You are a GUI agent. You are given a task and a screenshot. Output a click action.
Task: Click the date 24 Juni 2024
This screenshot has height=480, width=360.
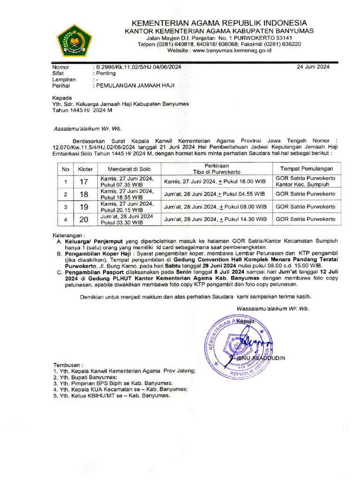[313, 67]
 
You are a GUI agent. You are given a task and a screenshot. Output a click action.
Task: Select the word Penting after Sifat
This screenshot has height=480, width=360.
[106, 73]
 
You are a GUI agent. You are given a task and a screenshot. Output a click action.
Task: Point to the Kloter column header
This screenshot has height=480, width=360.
[85, 168]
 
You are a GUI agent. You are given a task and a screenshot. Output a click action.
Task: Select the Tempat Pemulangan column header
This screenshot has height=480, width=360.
[307, 168]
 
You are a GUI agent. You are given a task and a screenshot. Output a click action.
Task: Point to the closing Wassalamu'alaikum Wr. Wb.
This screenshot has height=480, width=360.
[273, 309]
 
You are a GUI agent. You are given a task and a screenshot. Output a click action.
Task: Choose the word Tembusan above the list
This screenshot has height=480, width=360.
[67, 364]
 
